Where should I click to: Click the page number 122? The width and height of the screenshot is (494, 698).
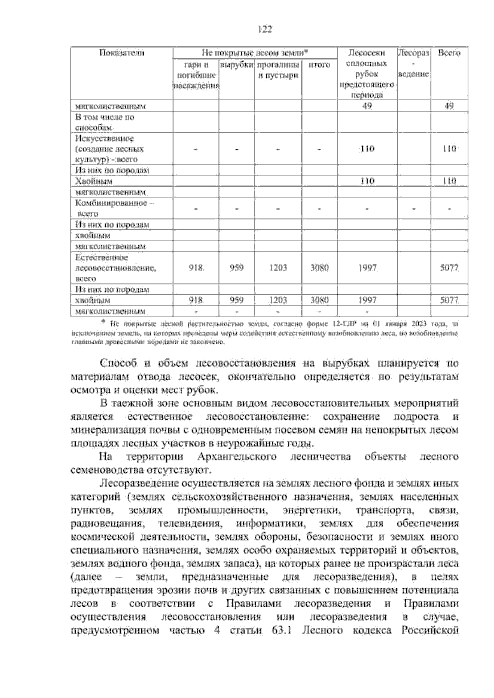(265, 29)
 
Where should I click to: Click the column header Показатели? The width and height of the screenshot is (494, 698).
(122, 53)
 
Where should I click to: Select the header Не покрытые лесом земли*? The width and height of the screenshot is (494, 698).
(255, 53)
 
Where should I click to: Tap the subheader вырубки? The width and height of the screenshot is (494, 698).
(236, 65)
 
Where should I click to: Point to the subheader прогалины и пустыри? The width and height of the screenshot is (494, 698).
(278, 70)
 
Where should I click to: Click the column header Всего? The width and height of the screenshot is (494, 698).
(449, 53)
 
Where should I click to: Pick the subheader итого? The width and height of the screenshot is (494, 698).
(319, 65)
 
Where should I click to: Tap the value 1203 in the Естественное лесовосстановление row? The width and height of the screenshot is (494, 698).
(278, 268)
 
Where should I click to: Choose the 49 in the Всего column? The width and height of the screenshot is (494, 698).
(449, 106)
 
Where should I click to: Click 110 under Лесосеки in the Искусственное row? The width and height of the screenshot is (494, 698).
(367, 149)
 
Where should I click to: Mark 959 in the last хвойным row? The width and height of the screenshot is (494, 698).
(236, 300)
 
